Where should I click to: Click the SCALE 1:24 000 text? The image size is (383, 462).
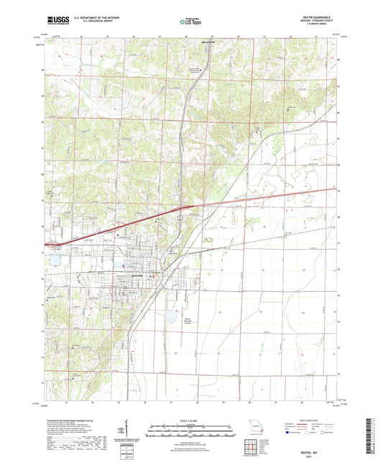(190, 418)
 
